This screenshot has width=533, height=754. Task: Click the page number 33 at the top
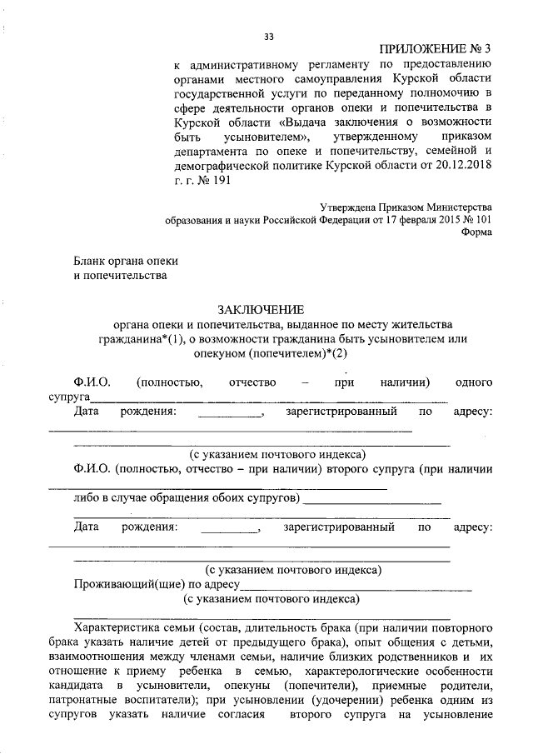pos(268,37)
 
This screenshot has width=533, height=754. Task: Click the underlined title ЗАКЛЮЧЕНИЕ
pos(267,309)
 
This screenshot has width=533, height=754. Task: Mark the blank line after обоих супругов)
pos(372,501)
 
